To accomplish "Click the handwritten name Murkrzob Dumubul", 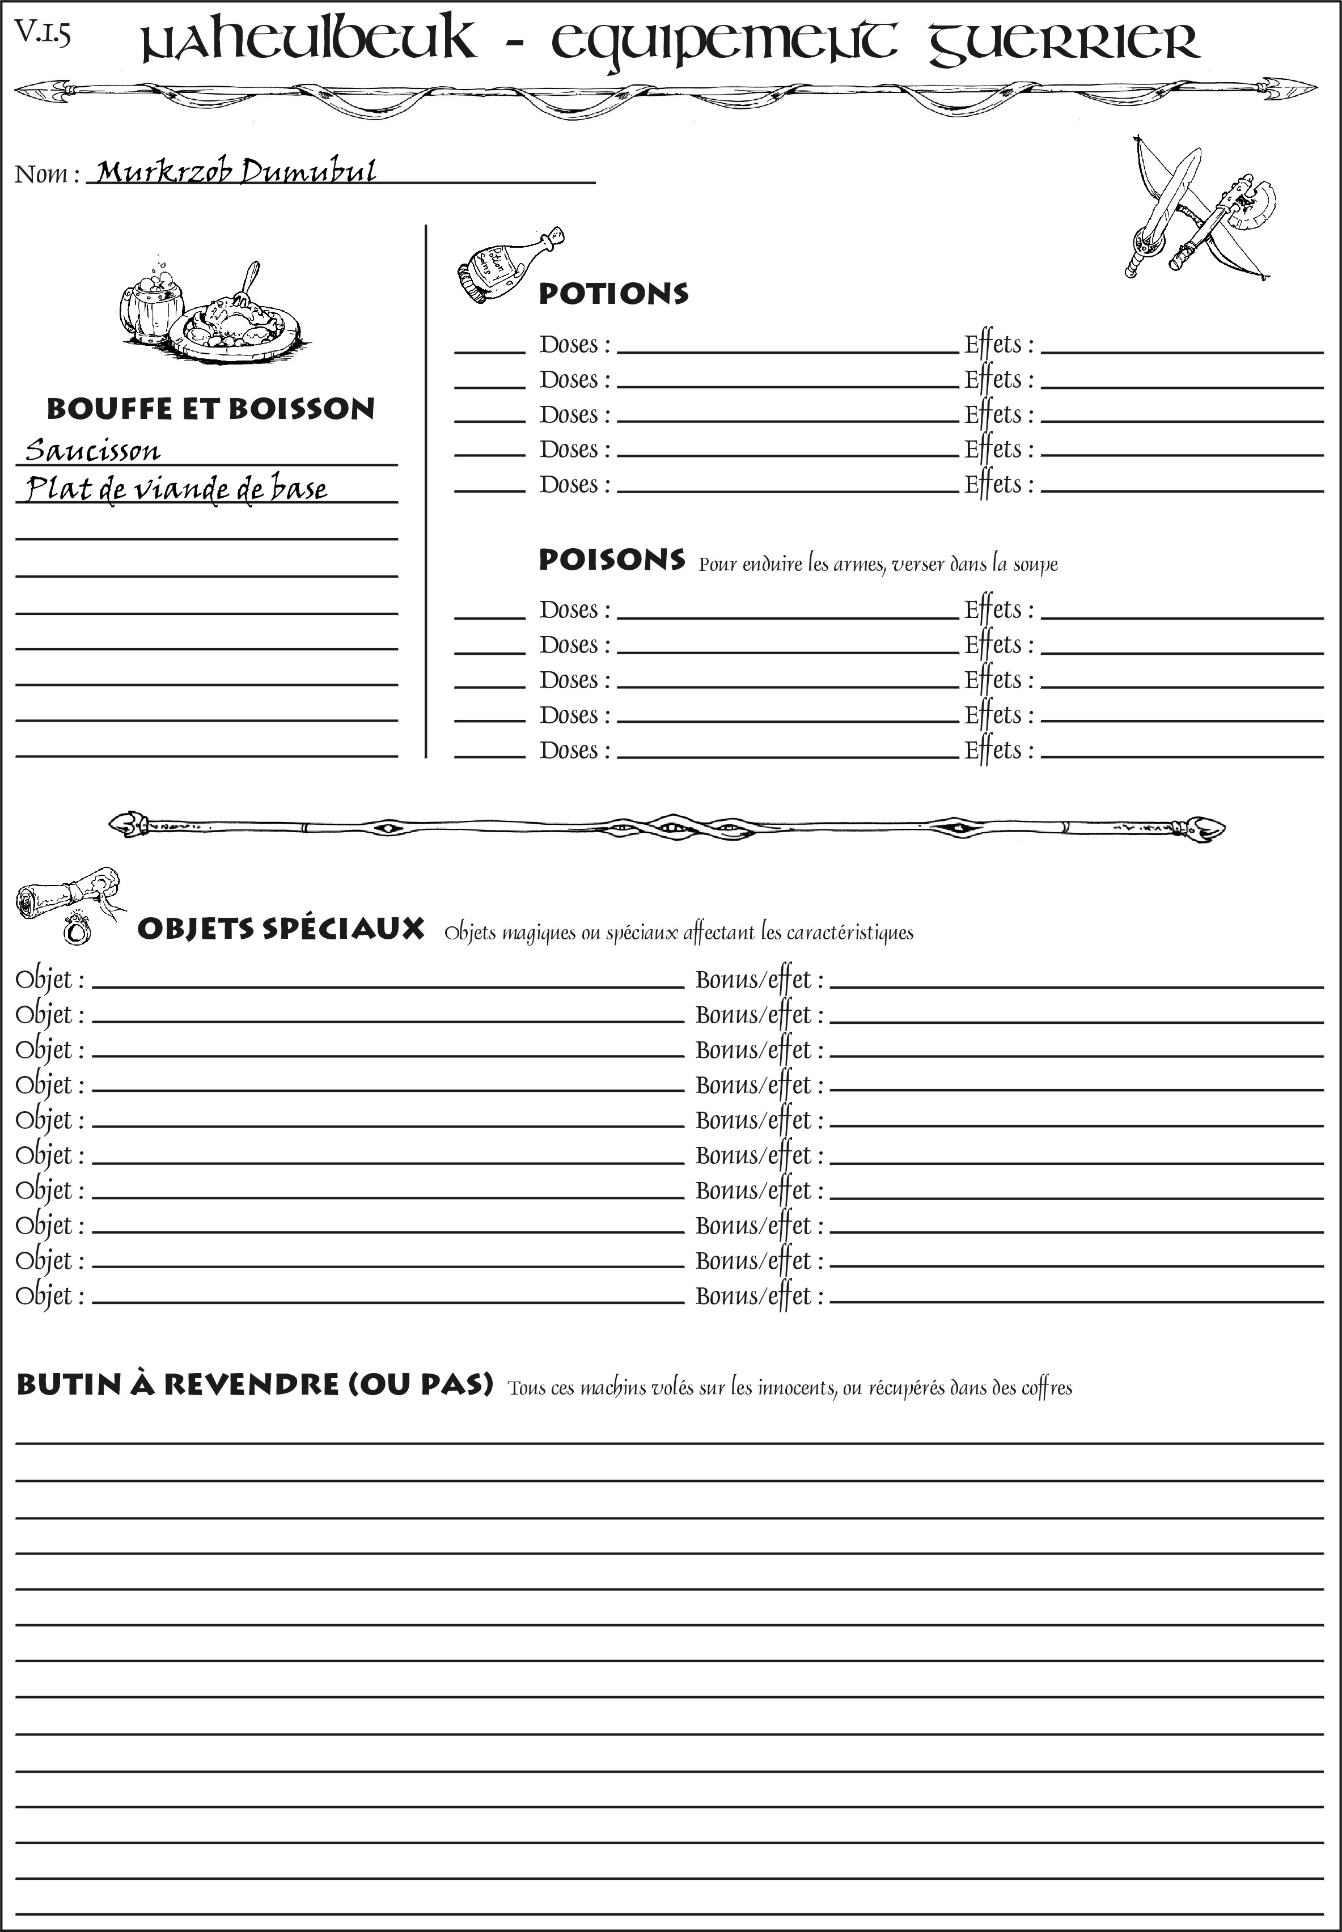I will [235, 172].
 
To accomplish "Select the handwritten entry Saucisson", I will [92, 451].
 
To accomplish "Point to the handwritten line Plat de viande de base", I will [176, 489].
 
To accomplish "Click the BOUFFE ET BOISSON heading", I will [210, 409].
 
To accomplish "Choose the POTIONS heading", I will [613, 294].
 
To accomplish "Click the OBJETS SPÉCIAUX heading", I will [281, 929].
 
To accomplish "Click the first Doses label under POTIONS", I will [574, 345].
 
